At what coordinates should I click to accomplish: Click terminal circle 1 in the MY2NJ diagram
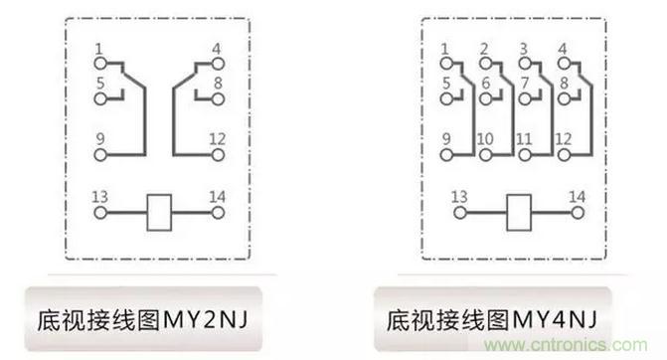click(x=100, y=64)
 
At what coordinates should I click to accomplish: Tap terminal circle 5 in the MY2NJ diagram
click(x=100, y=99)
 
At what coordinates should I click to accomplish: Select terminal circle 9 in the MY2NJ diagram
click(x=100, y=155)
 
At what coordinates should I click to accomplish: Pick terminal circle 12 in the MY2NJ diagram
click(x=218, y=155)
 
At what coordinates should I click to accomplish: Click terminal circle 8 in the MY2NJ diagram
click(x=218, y=99)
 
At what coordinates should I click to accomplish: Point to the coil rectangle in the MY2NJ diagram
click(x=159, y=213)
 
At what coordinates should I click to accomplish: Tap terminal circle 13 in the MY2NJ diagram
click(x=100, y=213)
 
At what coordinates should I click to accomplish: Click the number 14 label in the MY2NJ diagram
click(x=217, y=197)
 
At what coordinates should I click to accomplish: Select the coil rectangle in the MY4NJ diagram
click(x=519, y=213)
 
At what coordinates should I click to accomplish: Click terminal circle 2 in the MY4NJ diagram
click(x=485, y=64)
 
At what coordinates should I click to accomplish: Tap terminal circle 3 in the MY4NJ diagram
click(x=525, y=64)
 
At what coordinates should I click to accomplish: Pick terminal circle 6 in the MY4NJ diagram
click(x=485, y=99)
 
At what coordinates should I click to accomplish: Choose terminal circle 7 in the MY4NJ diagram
click(x=525, y=99)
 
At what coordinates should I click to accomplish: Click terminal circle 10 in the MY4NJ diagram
click(x=485, y=155)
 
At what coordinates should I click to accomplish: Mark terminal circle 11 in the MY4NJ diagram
click(x=525, y=155)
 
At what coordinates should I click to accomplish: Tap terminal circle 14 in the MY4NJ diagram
click(x=578, y=213)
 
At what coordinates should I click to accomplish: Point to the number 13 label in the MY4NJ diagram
click(x=459, y=197)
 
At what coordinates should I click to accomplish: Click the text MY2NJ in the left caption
click(x=206, y=319)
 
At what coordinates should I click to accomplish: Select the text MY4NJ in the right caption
click(x=555, y=319)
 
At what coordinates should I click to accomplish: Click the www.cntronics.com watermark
click(x=566, y=345)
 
